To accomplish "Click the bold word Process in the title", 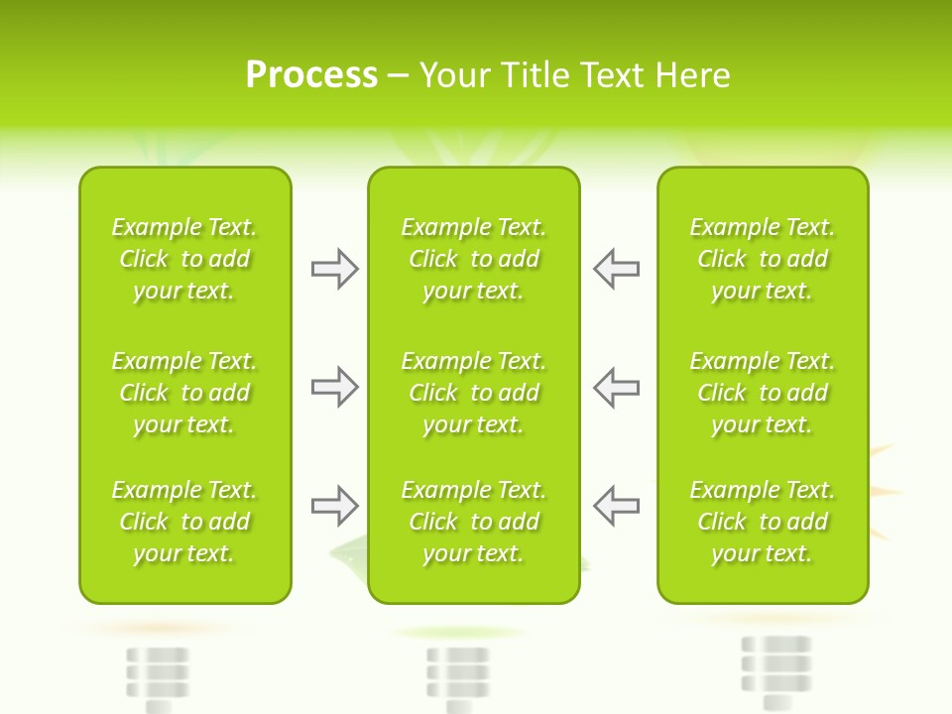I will click(311, 75).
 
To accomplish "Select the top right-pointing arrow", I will click(335, 269).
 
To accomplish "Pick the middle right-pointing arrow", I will click(335, 387).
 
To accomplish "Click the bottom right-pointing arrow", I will click(335, 506).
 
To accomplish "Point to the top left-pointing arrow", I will click(616, 269).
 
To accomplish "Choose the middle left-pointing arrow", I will click(616, 387).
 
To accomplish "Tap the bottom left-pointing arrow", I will click(616, 506).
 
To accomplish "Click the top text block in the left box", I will click(184, 259).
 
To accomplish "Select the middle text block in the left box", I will click(184, 393).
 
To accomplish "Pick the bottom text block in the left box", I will click(184, 522).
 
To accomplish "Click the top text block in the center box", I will click(474, 259).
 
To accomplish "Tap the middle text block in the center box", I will click(474, 393).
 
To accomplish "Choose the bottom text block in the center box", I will click(474, 522).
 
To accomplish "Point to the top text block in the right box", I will click(763, 259).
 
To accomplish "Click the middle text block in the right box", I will click(763, 393).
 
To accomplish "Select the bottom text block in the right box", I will click(763, 522).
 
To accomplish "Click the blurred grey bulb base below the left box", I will click(158, 677).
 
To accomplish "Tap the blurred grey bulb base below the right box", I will click(776, 670).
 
